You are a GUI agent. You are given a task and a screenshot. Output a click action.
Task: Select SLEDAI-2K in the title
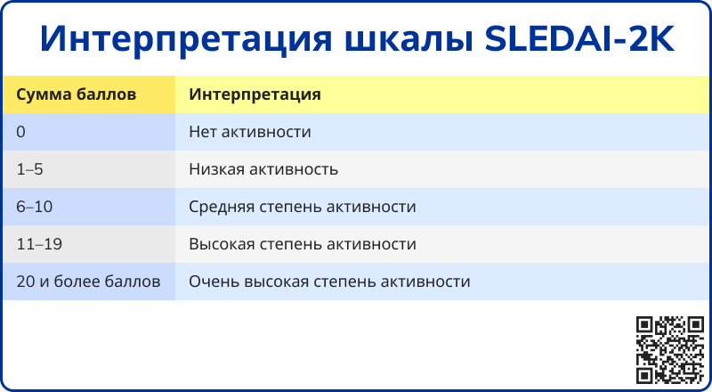tap(579, 39)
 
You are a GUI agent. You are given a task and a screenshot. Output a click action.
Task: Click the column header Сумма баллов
tap(76, 94)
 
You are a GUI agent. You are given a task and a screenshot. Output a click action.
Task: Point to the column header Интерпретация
tap(255, 94)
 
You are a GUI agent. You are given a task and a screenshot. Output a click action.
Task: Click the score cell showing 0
tap(20, 132)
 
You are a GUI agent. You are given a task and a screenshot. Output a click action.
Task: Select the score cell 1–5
tap(29, 169)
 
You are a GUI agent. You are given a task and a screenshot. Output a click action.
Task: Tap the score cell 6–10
tap(35, 207)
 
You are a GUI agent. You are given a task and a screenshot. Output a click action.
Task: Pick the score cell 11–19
tap(39, 244)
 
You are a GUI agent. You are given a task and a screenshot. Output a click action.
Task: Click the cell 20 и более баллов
tap(88, 282)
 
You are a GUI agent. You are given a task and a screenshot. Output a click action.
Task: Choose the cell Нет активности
tap(250, 132)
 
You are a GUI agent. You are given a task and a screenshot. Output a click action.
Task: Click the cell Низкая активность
tap(263, 169)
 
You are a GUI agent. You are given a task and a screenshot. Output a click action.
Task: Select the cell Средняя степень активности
tap(303, 208)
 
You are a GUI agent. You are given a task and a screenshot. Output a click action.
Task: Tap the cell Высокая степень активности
tap(303, 245)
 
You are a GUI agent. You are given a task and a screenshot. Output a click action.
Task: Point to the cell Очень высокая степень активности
tap(329, 282)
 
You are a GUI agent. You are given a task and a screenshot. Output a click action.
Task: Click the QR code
tap(670, 350)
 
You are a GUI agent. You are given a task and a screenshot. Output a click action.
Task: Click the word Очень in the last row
tap(214, 282)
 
